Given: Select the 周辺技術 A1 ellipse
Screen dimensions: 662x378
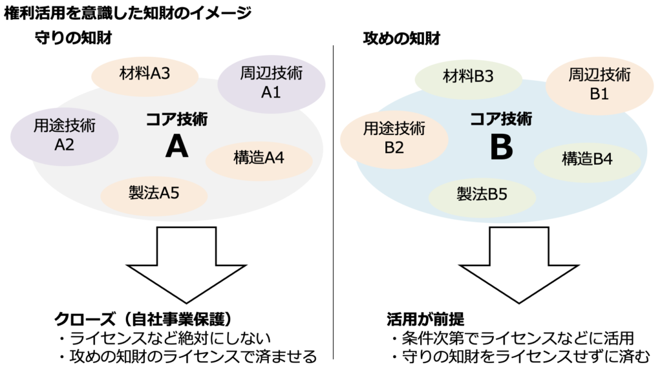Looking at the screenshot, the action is pyautogui.click(x=272, y=83).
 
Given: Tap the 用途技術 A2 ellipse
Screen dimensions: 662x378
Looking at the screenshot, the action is pyautogui.click(x=65, y=136).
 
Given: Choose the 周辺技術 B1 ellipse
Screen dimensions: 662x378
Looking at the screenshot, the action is pyautogui.click(x=599, y=86).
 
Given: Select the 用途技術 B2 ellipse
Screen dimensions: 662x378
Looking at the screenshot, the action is pyautogui.click(x=394, y=140).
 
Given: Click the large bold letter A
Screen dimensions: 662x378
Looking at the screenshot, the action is pyautogui.click(x=177, y=147).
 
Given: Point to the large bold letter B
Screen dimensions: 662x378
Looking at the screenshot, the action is pyautogui.click(x=502, y=147).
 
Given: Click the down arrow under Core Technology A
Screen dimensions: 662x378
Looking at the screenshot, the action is pyautogui.click(x=186, y=265).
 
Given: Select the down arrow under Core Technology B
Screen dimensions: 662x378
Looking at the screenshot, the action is pyautogui.click(x=519, y=265).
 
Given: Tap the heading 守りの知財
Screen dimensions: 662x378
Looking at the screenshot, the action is pyautogui.click(x=74, y=38).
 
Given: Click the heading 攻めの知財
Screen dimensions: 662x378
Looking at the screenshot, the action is pyautogui.click(x=401, y=38).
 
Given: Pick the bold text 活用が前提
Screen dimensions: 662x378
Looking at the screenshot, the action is pyautogui.click(x=425, y=319).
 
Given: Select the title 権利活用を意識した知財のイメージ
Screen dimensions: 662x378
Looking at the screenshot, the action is pyautogui.click(x=128, y=13).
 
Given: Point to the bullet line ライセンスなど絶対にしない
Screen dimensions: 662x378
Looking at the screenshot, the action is pyautogui.click(x=171, y=339).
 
